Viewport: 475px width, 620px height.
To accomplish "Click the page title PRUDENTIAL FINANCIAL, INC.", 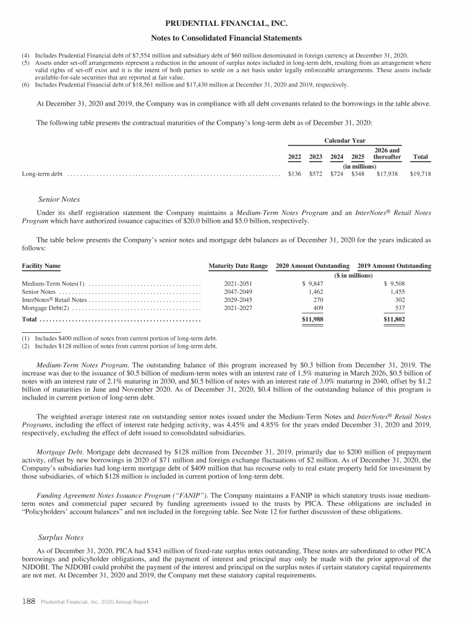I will (x=237, y=24).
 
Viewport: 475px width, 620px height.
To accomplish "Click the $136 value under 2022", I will (x=294, y=174).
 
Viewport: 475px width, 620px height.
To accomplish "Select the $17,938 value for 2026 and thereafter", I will (x=387, y=174).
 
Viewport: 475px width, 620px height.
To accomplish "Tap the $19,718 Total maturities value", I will (x=420, y=174).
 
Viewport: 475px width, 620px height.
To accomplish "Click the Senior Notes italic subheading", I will (x=59, y=199).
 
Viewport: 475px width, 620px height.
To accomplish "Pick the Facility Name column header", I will (x=41, y=266).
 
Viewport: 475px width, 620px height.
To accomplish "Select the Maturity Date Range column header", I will (x=238, y=266).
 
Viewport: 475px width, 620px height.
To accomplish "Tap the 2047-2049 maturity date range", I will (x=238, y=290).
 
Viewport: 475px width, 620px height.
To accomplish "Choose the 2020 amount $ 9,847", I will (x=312, y=282).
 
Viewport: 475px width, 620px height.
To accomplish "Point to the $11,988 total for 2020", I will (x=312, y=319).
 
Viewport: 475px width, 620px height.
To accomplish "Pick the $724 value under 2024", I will (x=336, y=174).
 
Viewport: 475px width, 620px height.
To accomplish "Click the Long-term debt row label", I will (x=42, y=174).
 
